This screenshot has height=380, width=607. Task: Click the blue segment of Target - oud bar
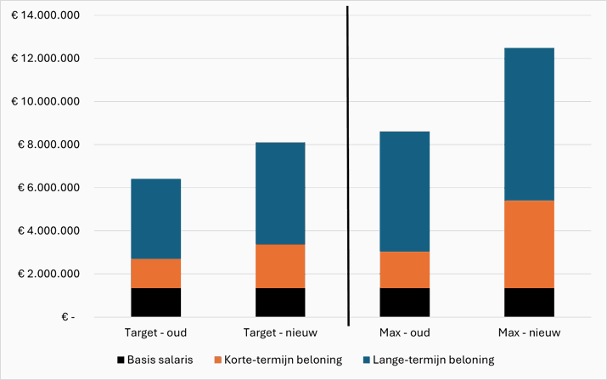pos(155,218)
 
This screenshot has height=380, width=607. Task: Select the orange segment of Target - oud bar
pos(155,273)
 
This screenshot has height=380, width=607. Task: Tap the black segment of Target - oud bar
pos(155,302)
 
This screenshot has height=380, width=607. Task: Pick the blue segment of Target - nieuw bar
pos(280,193)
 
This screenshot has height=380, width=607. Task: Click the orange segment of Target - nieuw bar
pos(280,266)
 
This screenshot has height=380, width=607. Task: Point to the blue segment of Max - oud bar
pos(404,191)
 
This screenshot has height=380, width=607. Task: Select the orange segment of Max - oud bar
pos(404,269)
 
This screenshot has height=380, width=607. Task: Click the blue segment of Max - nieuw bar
pos(529,124)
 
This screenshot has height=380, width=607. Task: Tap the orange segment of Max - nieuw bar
pos(529,244)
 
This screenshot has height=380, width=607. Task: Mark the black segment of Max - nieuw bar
pos(529,302)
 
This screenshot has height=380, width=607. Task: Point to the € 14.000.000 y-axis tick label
pos(46,15)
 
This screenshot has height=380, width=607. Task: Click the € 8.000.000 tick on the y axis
pos(46,145)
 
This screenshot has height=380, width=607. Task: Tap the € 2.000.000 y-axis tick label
pos(46,274)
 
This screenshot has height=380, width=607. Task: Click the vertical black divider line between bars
pos(348,166)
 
